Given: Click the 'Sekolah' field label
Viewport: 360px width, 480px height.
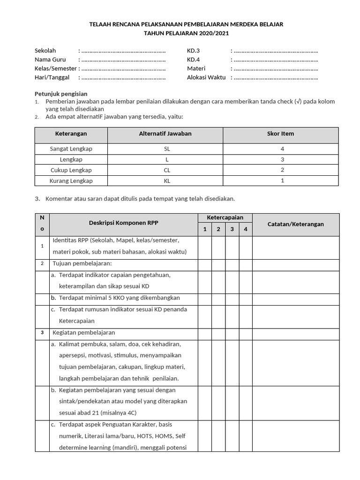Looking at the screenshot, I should click(x=45, y=51).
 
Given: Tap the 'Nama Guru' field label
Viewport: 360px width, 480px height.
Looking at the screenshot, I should click(x=50, y=60).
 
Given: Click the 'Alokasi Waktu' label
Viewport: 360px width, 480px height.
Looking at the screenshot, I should click(x=206, y=77).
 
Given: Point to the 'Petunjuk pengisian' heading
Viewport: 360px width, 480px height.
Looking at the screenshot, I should click(x=61, y=94).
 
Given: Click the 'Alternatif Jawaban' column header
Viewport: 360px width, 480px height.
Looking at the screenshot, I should click(x=165, y=134).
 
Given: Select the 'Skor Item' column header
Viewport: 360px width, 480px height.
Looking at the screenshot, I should click(x=280, y=134).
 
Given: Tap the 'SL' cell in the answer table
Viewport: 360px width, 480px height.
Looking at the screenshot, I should click(x=165, y=149).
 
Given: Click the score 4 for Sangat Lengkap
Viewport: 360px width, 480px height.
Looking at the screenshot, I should click(x=282, y=149).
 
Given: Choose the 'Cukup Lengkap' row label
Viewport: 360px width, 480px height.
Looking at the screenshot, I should click(x=71, y=170).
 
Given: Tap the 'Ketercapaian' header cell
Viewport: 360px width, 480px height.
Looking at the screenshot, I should click(x=225, y=218).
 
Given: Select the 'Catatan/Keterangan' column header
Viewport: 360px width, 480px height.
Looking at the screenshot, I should click(x=295, y=224).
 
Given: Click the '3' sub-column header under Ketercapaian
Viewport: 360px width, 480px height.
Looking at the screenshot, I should click(x=232, y=229).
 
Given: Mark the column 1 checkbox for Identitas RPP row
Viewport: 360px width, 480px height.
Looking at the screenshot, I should click(x=204, y=247).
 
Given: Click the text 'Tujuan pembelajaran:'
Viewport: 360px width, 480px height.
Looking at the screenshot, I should click(x=82, y=263).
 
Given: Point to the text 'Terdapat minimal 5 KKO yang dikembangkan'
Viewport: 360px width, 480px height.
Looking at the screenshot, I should click(x=119, y=298).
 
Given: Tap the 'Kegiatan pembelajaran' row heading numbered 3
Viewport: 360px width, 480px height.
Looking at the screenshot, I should click(x=84, y=333).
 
